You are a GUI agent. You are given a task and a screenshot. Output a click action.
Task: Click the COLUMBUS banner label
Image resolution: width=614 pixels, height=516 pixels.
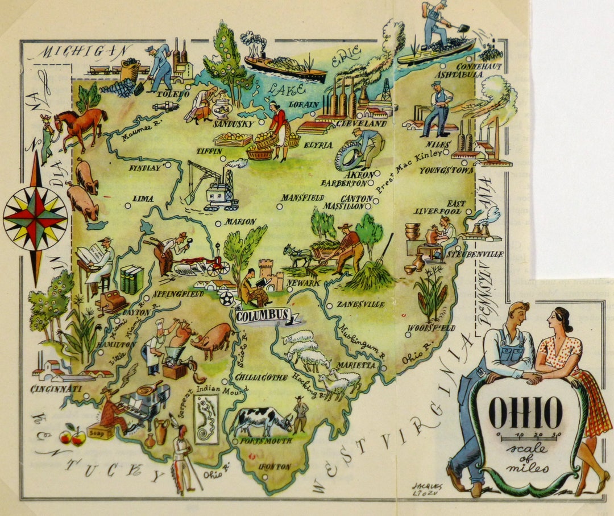pyautogui.click(x=262, y=316)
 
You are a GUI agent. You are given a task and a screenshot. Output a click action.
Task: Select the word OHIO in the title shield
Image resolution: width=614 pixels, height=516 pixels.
pyautogui.click(x=525, y=412)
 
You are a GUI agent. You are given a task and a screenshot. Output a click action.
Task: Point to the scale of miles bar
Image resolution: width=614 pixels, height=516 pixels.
pyautogui.click(x=529, y=437)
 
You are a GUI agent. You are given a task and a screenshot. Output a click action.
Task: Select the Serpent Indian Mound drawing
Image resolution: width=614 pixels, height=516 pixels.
pyautogui.click(x=206, y=420)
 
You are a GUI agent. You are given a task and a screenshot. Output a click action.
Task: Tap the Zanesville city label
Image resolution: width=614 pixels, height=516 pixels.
pyautogui.click(x=360, y=304)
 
